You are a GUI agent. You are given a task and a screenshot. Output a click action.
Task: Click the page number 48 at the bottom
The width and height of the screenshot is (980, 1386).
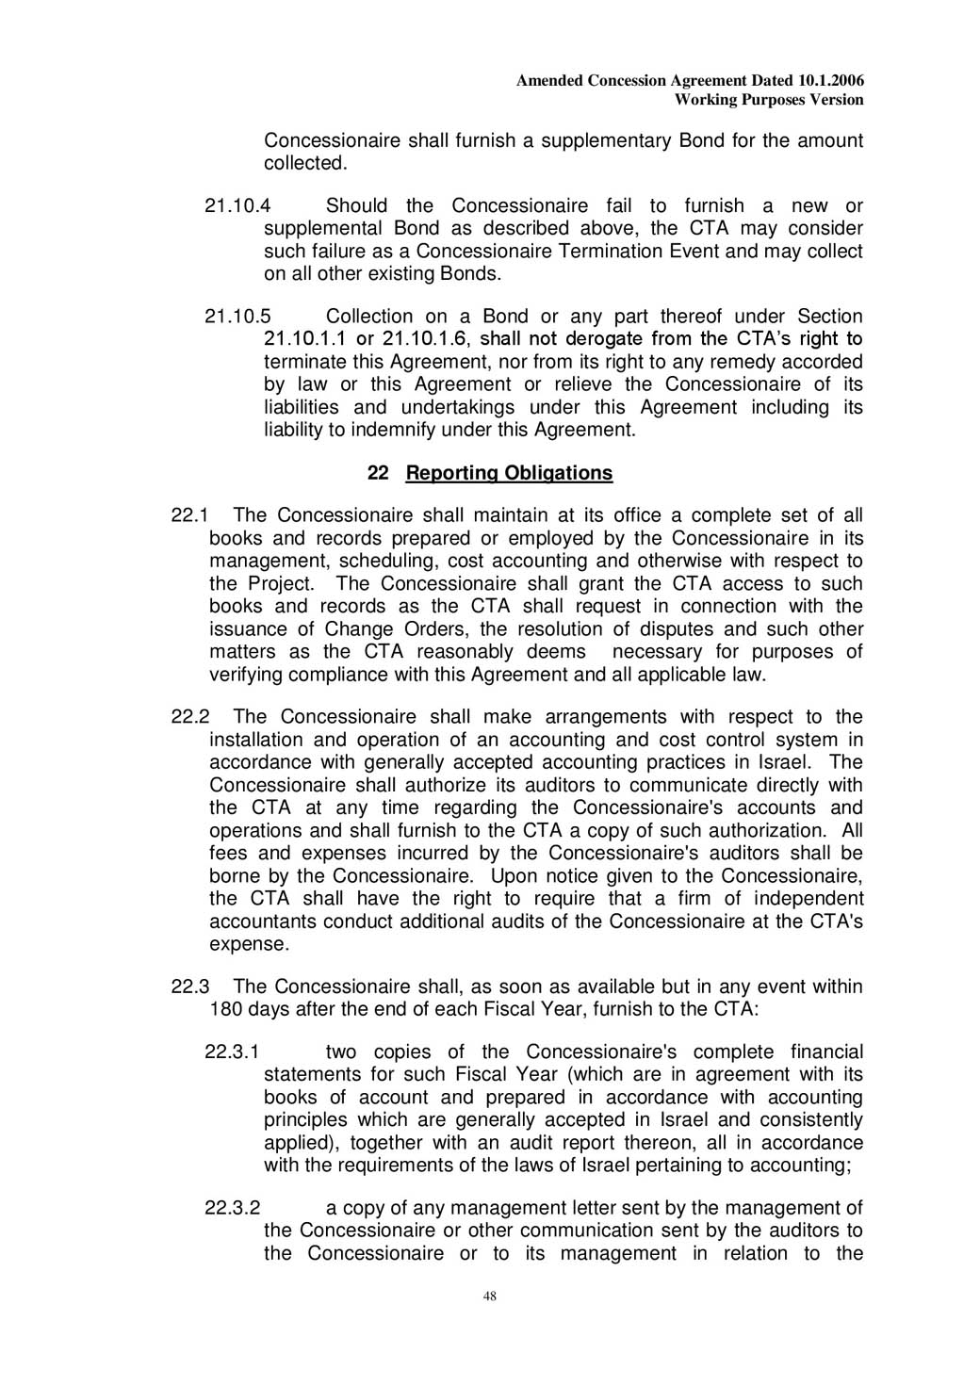(x=489, y=1296)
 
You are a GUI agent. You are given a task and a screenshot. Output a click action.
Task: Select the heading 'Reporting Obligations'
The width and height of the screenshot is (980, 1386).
(x=509, y=473)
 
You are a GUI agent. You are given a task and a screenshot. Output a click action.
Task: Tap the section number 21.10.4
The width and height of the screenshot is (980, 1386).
(x=237, y=206)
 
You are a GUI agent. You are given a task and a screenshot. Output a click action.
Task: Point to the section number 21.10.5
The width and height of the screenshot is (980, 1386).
(x=237, y=317)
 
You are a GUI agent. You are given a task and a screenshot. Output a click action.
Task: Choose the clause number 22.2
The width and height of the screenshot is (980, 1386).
(x=189, y=717)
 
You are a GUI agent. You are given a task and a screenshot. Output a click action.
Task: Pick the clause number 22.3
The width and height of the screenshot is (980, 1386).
(x=189, y=987)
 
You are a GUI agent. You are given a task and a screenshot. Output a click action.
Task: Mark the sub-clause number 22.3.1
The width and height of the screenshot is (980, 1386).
(x=232, y=1052)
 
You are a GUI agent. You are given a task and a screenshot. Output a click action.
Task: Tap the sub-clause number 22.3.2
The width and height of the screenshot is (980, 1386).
(x=232, y=1208)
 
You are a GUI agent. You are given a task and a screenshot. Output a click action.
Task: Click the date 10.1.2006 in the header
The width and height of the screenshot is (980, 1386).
(x=830, y=81)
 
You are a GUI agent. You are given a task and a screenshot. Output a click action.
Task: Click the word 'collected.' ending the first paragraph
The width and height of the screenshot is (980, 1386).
(x=305, y=163)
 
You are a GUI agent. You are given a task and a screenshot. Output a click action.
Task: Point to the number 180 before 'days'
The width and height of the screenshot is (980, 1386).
(x=226, y=1009)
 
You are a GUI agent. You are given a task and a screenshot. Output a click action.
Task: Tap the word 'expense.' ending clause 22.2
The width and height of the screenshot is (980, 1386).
(x=249, y=944)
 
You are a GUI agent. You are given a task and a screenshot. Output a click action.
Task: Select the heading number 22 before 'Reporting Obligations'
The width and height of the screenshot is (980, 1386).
(x=378, y=473)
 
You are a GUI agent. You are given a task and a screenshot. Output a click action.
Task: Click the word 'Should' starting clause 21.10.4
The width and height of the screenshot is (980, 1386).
(x=356, y=206)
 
